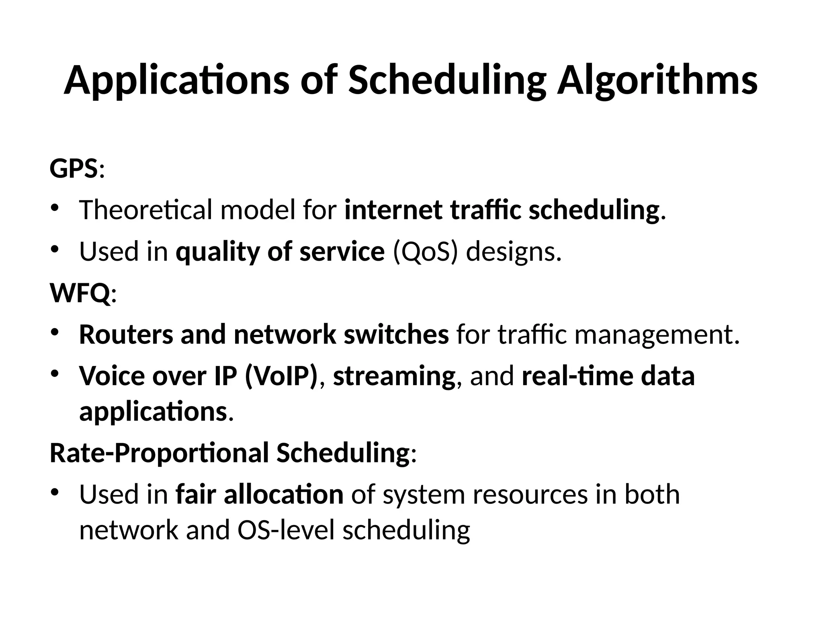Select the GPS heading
(x=74, y=168)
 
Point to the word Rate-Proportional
(x=159, y=453)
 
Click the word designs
(x=513, y=251)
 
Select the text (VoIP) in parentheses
(x=281, y=376)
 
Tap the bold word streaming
(x=394, y=376)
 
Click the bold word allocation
(x=283, y=494)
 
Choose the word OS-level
(x=286, y=530)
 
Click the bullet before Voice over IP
(x=55, y=374)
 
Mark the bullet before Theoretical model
(x=55, y=208)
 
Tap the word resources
(x=530, y=494)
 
